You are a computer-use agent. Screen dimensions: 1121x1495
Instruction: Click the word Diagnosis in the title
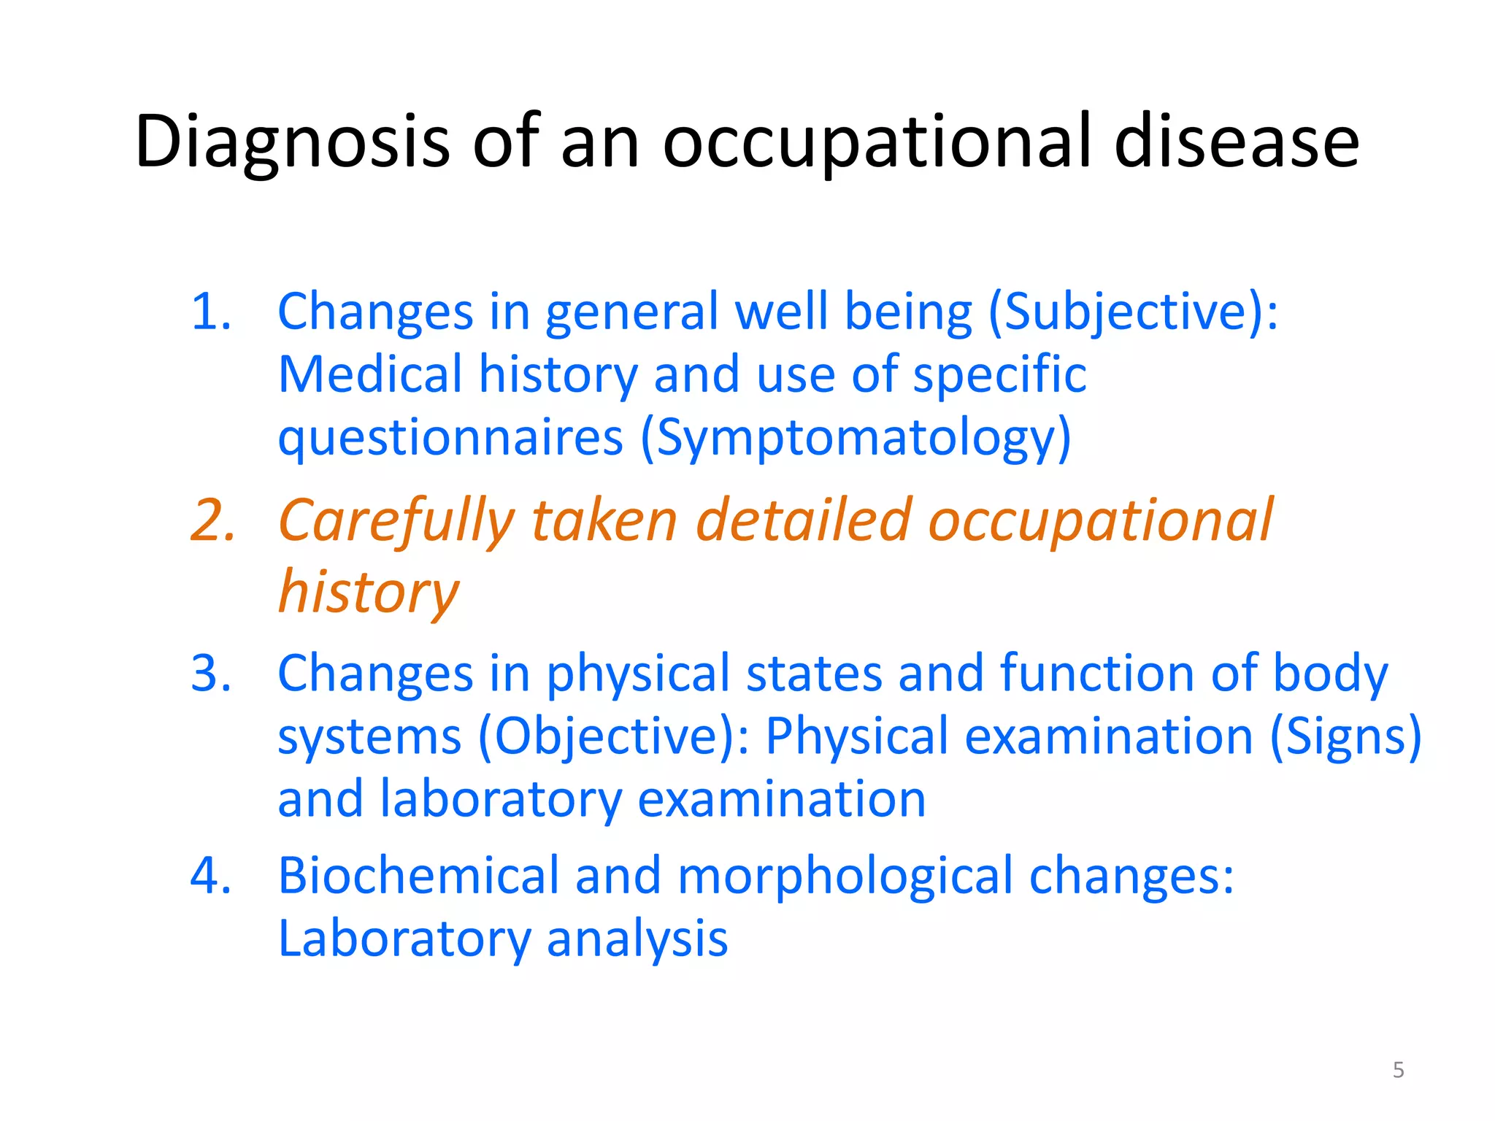click(292, 142)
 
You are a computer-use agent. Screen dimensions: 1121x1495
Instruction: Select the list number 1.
click(211, 312)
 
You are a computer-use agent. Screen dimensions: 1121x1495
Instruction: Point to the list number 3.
click(211, 673)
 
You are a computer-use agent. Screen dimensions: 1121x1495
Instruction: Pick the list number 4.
click(211, 875)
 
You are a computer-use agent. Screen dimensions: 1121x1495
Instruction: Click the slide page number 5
click(1398, 1070)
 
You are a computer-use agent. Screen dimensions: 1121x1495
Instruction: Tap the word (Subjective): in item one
click(1133, 313)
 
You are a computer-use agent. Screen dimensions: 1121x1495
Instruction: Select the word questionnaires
click(450, 439)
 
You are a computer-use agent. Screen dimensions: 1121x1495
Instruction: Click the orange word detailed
click(803, 521)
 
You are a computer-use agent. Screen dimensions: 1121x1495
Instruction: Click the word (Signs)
click(1345, 737)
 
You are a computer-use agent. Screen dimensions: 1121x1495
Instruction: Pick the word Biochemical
click(418, 875)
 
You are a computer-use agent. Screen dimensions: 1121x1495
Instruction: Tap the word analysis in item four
click(637, 939)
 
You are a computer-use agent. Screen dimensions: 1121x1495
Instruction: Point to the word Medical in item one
click(370, 374)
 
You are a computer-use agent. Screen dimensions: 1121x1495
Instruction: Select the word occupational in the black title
click(877, 142)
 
